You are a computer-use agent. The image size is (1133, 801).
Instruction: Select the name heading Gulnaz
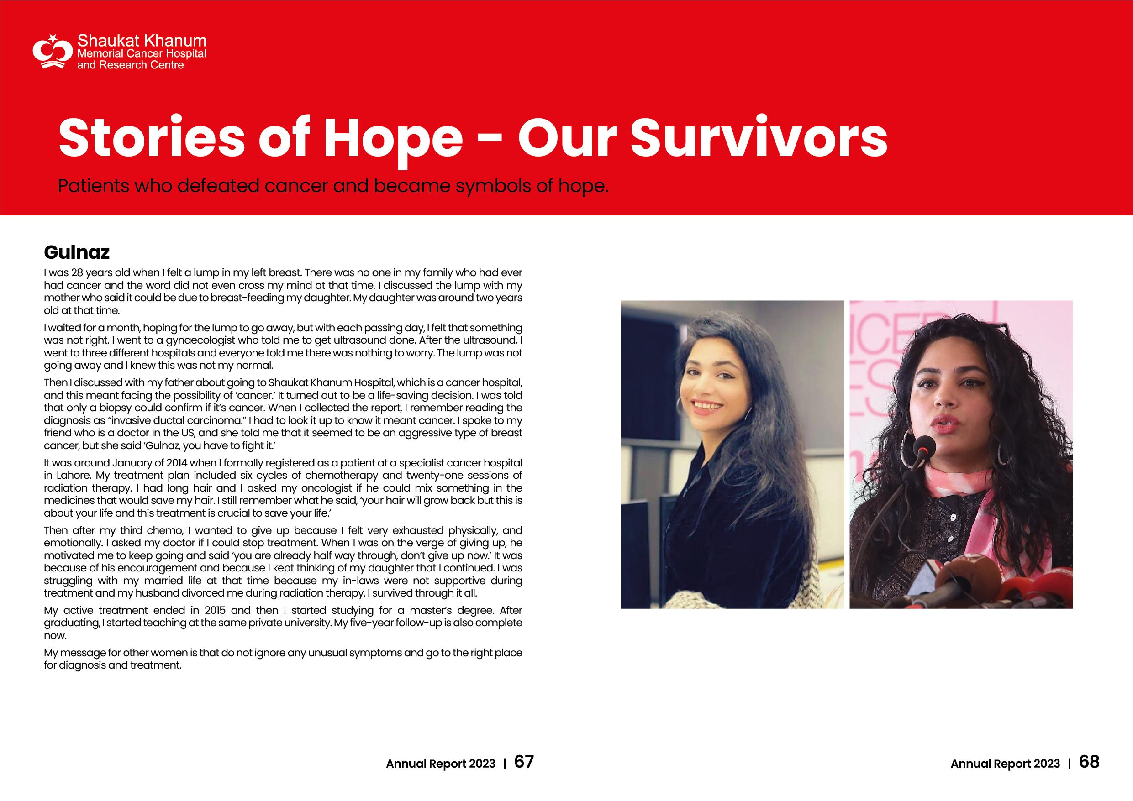pos(76,252)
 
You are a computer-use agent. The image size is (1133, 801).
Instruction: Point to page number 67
pos(524,762)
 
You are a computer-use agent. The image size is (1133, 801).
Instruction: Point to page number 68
pos(1090,762)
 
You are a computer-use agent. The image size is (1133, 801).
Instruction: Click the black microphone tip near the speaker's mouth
pos(920,444)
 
